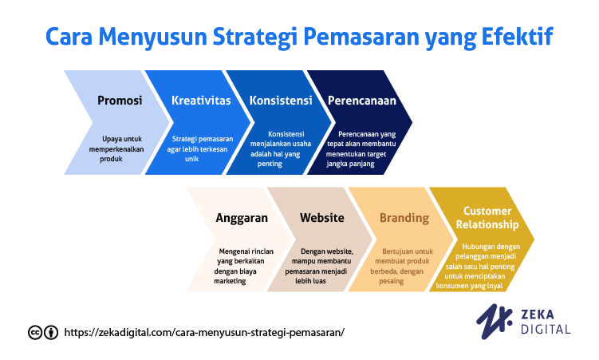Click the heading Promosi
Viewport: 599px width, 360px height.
120,101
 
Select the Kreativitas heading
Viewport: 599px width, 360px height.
201,101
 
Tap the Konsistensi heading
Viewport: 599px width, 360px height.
280,101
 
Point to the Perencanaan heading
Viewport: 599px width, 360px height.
361,101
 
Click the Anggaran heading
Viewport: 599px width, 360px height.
242,218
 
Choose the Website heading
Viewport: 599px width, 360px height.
321,218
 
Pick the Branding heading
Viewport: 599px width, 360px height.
404,218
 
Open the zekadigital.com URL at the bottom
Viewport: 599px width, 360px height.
203,332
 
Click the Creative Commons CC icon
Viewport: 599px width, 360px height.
35,332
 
